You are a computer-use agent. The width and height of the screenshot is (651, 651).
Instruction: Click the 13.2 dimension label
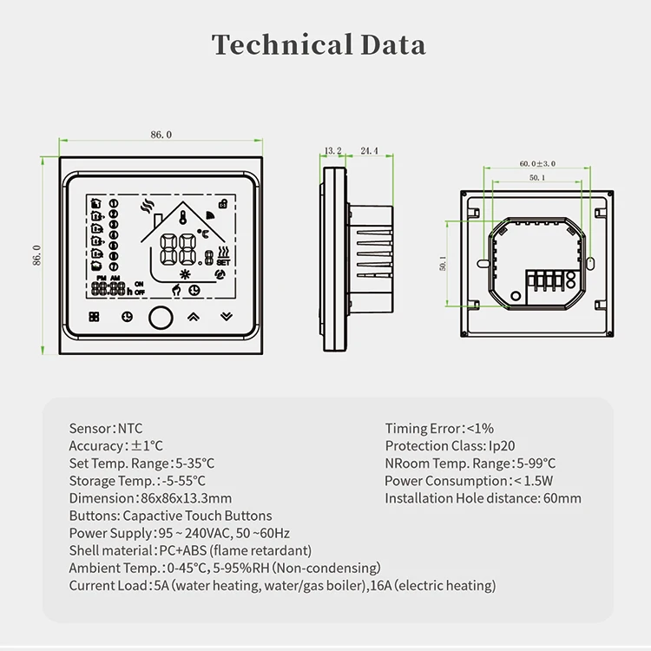click(x=332, y=151)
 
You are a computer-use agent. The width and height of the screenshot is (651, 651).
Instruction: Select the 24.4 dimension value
click(x=369, y=151)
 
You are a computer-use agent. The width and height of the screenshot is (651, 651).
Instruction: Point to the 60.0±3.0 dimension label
click(x=537, y=163)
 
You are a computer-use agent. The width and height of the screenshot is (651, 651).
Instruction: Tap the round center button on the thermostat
click(x=159, y=317)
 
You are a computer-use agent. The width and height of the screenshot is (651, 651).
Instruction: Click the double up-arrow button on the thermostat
click(x=194, y=317)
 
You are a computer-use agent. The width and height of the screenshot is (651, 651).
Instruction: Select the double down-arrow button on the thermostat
click(x=227, y=317)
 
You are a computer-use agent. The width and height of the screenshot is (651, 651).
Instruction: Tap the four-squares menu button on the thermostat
click(x=94, y=317)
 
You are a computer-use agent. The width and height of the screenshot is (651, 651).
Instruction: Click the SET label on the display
click(x=222, y=260)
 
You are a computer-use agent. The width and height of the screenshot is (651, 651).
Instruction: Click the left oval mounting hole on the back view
click(x=482, y=260)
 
